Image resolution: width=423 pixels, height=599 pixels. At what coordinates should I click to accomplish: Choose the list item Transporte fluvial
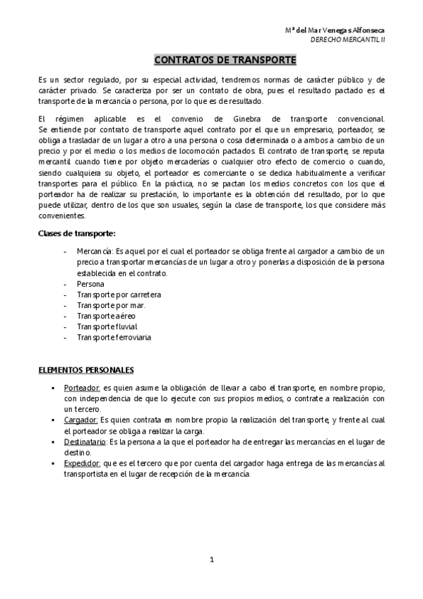pos(107,326)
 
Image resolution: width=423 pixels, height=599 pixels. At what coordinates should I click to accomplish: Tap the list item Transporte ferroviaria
pos(114,338)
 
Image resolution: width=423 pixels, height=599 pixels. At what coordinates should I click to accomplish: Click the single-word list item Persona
pos(90,283)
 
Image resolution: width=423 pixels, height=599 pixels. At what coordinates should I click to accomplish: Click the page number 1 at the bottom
pos(212,559)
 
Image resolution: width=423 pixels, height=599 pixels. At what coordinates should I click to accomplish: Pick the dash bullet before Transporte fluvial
pos(66,326)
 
